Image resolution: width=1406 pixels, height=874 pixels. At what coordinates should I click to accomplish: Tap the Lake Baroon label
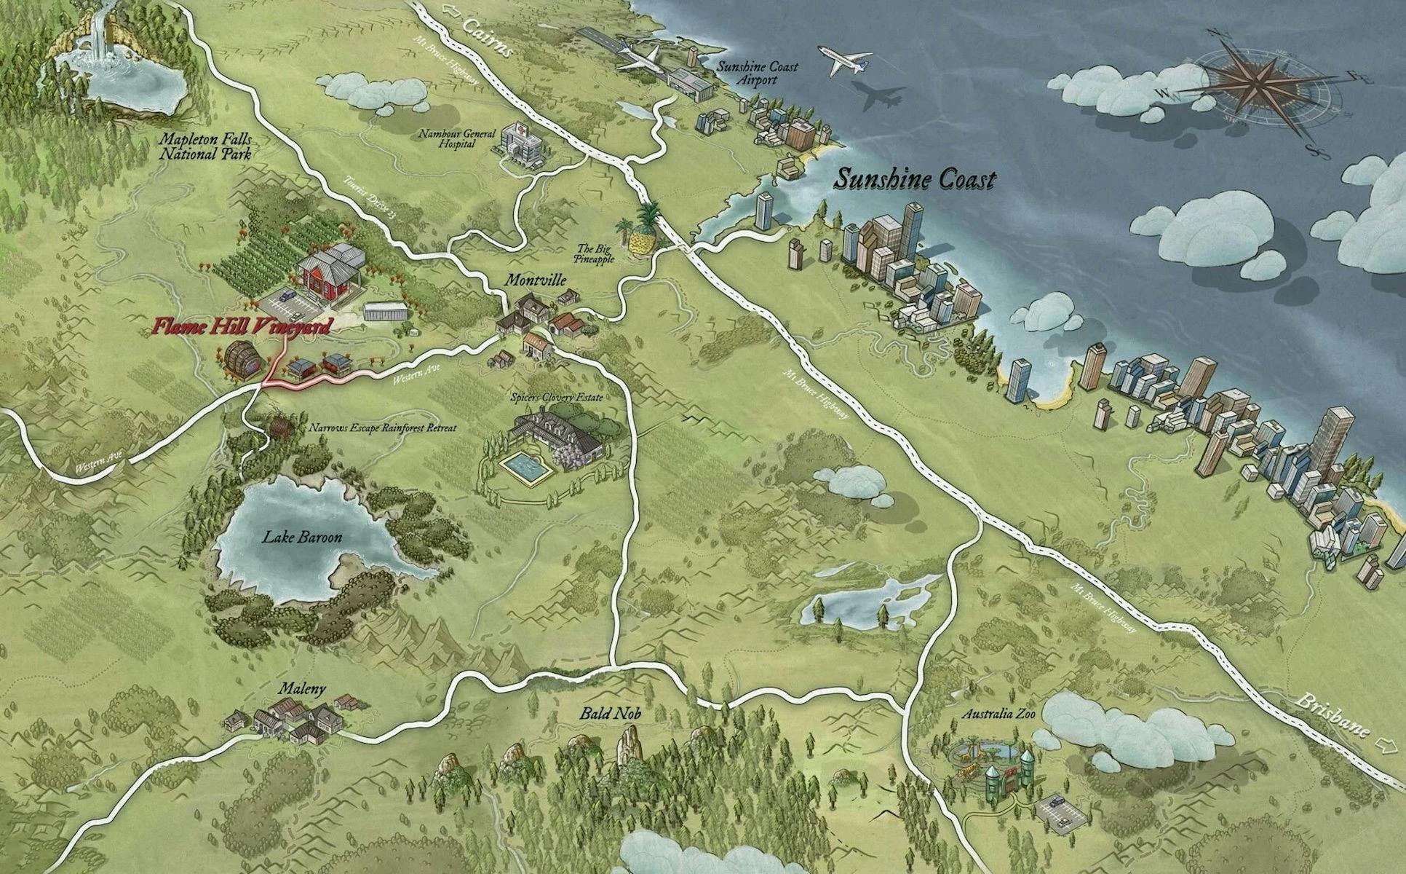click(x=302, y=538)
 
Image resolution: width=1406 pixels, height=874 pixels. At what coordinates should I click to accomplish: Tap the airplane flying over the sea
click(x=844, y=60)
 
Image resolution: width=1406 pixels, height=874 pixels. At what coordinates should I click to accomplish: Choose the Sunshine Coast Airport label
click(x=757, y=73)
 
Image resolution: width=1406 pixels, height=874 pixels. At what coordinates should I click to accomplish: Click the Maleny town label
click(x=302, y=688)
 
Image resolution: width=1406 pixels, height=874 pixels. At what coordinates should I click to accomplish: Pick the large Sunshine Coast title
click(x=914, y=179)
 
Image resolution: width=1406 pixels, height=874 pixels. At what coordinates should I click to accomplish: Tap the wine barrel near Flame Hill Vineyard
click(x=239, y=358)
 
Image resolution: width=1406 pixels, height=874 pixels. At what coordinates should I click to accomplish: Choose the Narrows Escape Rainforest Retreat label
click(x=383, y=428)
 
